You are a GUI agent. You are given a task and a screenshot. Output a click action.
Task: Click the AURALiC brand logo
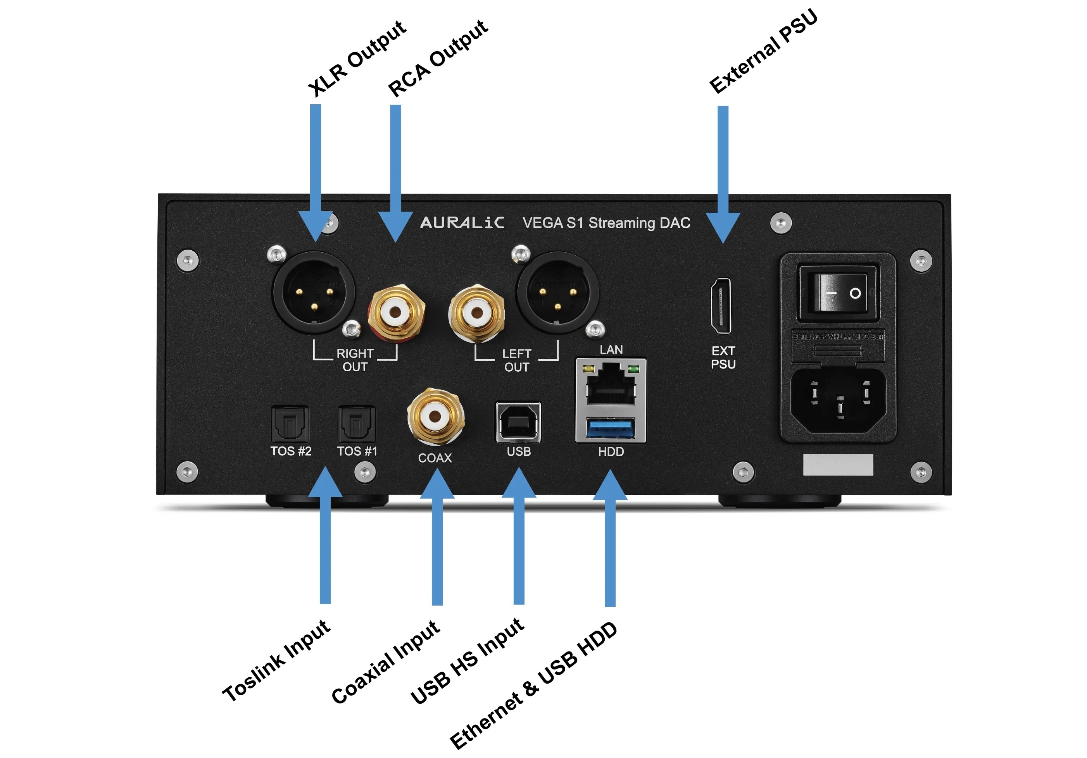click(462, 222)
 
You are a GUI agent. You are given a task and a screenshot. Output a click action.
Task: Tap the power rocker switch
click(839, 293)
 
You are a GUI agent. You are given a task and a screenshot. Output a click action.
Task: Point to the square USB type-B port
click(518, 422)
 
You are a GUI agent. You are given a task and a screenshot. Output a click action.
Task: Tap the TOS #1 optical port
click(357, 424)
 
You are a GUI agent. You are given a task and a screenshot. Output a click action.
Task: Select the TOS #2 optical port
click(290, 424)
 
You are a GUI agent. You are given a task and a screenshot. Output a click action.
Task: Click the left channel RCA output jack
click(477, 312)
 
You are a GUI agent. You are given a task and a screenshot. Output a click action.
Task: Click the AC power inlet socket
click(839, 400)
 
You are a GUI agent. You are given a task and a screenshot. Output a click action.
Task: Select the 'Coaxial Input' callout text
click(385, 662)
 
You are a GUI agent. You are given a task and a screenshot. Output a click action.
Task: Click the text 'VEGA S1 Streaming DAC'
click(606, 223)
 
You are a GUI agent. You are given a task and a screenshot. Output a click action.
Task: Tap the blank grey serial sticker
click(838, 465)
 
